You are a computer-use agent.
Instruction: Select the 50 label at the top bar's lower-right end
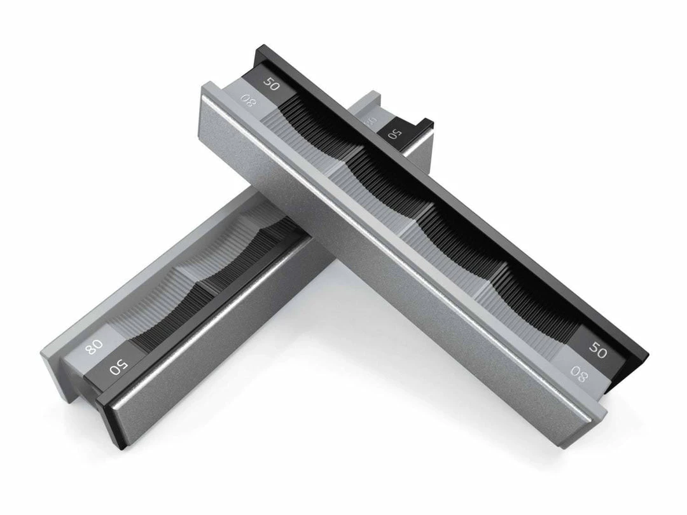[x=597, y=349]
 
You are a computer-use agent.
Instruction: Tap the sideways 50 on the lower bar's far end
[x=394, y=133]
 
